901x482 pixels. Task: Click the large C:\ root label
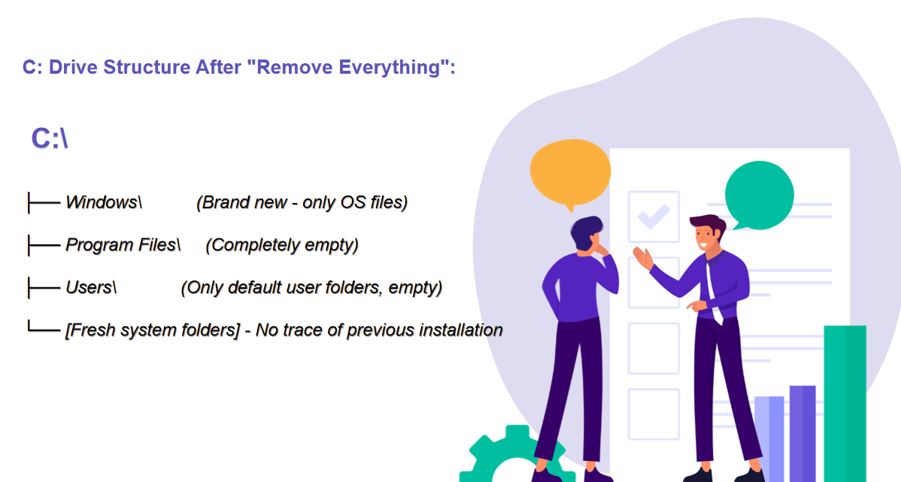(x=50, y=138)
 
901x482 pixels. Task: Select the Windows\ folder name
(x=104, y=202)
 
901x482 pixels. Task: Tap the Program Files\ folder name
(x=123, y=244)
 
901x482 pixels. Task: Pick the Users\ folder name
(x=91, y=287)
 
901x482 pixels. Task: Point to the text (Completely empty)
(x=282, y=245)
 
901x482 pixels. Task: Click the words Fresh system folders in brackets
(x=152, y=330)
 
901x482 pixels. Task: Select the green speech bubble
(x=759, y=194)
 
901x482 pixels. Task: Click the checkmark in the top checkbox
(x=654, y=216)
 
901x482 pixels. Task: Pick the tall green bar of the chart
(x=845, y=403)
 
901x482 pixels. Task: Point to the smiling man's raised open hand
(x=643, y=258)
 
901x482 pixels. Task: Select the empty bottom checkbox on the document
(x=654, y=414)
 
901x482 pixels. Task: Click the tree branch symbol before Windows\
(x=44, y=203)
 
